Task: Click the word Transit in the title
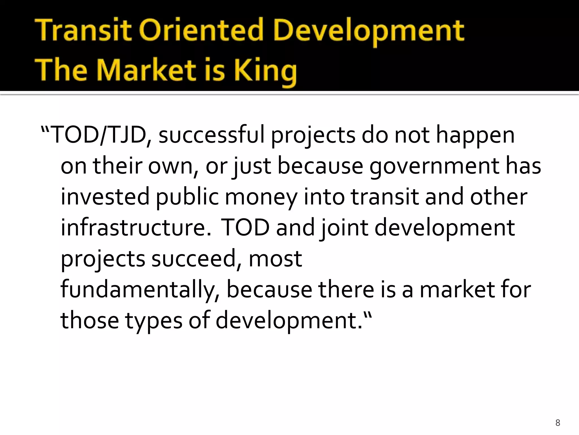(84, 31)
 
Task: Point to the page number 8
(558, 423)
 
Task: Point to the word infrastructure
(136, 228)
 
